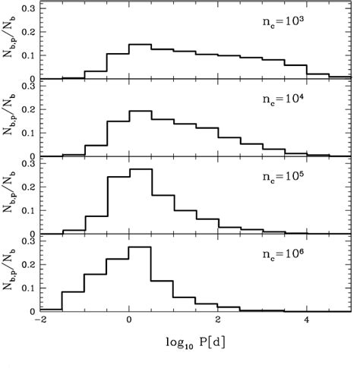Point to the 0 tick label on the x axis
point(130,320)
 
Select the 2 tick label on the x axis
point(219,320)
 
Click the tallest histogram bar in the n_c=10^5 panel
point(141,201)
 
